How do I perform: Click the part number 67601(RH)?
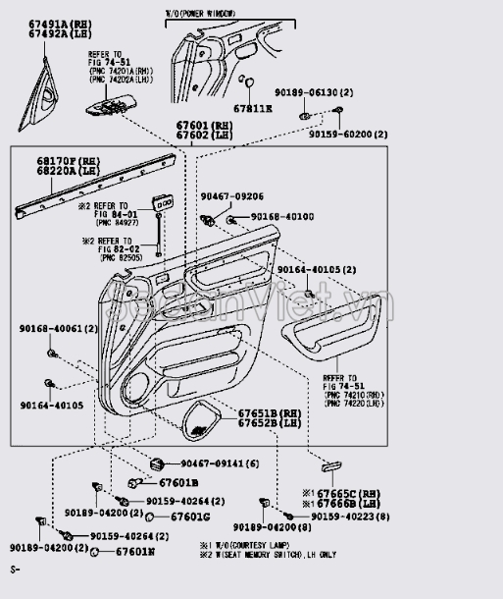click(205, 127)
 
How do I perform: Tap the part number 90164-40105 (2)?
click(316, 269)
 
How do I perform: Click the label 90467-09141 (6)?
click(218, 463)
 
